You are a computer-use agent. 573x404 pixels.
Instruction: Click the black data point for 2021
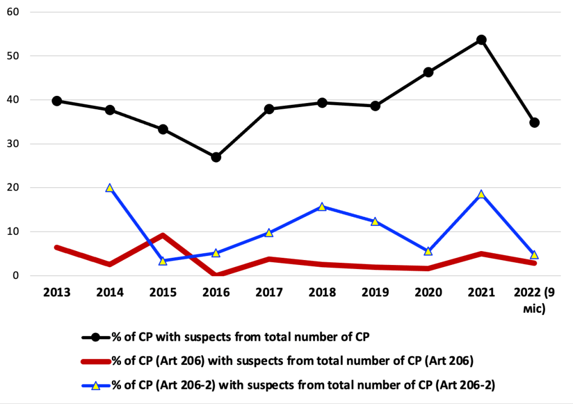click(x=481, y=40)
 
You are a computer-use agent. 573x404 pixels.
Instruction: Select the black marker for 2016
click(x=216, y=157)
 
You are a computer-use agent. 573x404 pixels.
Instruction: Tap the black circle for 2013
click(x=57, y=101)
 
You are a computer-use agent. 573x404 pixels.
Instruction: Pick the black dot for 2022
click(x=534, y=123)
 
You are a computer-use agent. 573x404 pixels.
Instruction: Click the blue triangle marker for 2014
click(x=110, y=188)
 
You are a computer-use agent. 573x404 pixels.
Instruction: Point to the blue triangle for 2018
click(x=322, y=207)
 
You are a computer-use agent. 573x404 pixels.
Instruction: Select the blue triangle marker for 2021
click(x=481, y=194)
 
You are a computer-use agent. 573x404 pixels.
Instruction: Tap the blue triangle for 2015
click(x=163, y=261)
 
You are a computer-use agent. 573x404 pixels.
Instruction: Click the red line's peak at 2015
click(x=163, y=235)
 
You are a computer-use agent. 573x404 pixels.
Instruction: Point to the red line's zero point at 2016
click(x=216, y=275)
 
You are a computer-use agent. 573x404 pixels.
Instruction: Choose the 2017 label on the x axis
click(x=269, y=293)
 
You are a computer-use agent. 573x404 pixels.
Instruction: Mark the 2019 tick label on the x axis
click(x=375, y=293)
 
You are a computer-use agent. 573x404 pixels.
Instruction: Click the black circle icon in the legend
click(x=96, y=337)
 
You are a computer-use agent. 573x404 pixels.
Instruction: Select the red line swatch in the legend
click(x=96, y=361)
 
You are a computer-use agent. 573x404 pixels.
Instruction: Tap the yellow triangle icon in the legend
click(x=96, y=386)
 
